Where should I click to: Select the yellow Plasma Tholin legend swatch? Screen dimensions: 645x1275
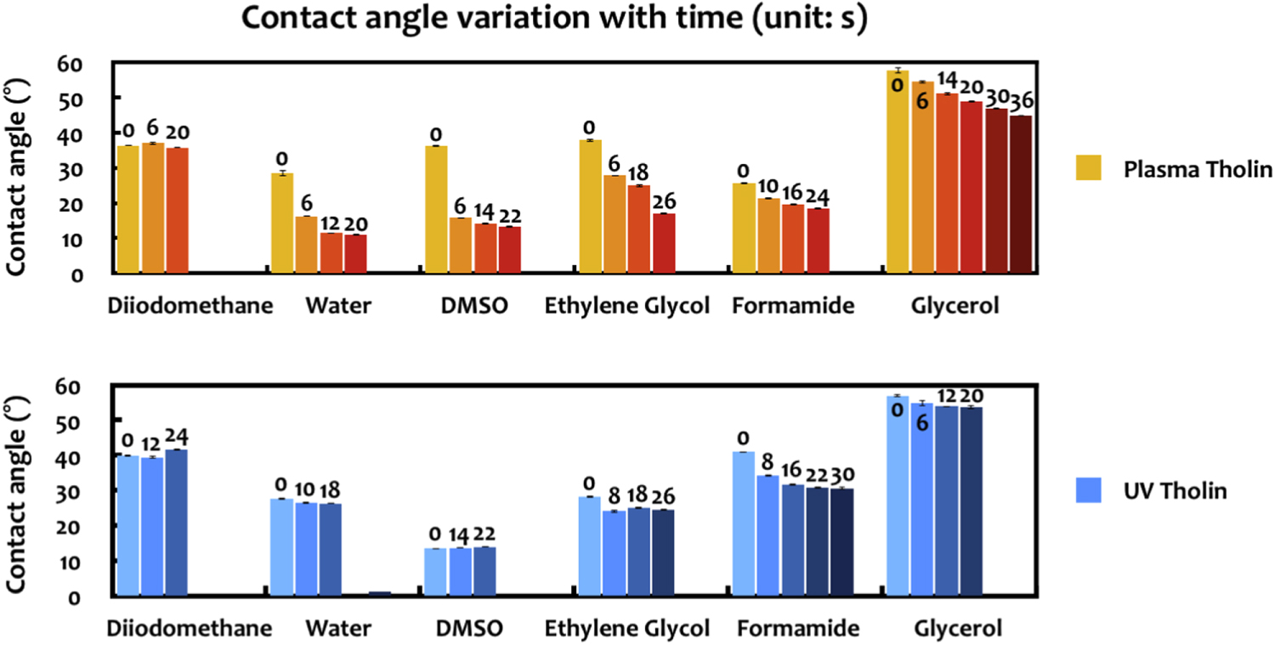1088,167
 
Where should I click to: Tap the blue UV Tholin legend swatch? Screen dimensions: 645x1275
1088,489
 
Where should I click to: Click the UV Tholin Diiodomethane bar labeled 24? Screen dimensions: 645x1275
177,523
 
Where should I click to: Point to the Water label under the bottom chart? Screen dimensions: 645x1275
337,629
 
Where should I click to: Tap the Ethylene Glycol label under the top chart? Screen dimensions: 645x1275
627,306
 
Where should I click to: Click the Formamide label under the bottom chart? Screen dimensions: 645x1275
798,629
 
